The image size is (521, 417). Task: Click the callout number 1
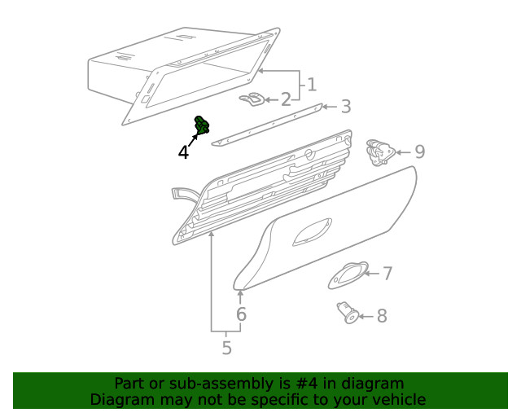[311, 84]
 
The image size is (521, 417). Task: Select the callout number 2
[286, 100]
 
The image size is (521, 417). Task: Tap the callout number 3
[345, 107]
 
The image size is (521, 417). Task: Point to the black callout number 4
[184, 152]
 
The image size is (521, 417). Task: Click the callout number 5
[226, 349]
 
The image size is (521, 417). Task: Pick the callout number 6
[241, 314]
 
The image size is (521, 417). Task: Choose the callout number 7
[387, 274]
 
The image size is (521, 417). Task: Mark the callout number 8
[382, 316]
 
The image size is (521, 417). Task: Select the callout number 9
[419, 151]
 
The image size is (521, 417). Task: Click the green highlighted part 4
[201, 126]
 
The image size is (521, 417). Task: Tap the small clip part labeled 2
[253, 99]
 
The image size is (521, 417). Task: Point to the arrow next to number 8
[365, 316]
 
